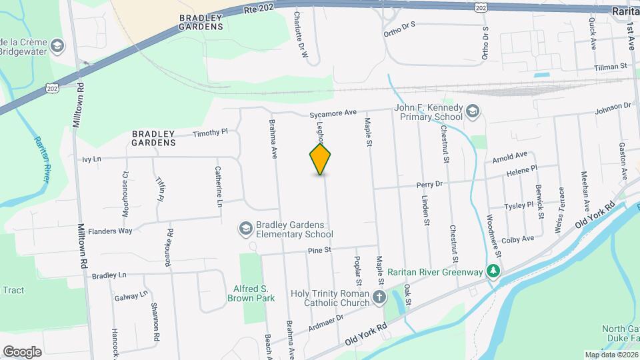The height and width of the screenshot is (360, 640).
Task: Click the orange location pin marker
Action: click(321, 159)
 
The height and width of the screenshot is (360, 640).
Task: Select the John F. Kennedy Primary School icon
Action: click(473, 111)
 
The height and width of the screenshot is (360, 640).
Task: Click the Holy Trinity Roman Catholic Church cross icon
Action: click(379, 297)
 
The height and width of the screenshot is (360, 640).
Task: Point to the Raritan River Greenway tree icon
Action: click(493, 271)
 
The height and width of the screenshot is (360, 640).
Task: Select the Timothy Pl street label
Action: click(210, 133)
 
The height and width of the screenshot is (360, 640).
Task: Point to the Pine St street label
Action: click(319, 250)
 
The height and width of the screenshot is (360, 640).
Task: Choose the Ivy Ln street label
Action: click(91, 159)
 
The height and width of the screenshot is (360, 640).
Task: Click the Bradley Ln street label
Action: click(109, 275)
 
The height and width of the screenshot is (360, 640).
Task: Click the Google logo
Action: click(22, 352)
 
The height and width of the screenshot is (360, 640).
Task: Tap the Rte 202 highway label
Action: click(259, 9)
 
